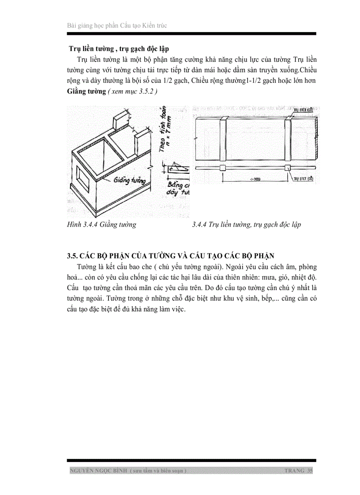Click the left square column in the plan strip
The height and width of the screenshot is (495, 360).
click(222, 167)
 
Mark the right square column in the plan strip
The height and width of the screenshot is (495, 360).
click(287, 167)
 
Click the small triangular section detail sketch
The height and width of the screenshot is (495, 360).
click(179, 167)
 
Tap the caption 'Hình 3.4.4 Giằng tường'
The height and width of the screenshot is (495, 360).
click(101, 225)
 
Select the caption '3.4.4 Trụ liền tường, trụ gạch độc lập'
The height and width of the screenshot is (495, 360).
click(246, 225)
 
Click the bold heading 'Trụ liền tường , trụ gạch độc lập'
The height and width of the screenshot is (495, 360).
click(119, 48)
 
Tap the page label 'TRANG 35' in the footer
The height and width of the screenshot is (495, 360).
click(298, 471)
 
